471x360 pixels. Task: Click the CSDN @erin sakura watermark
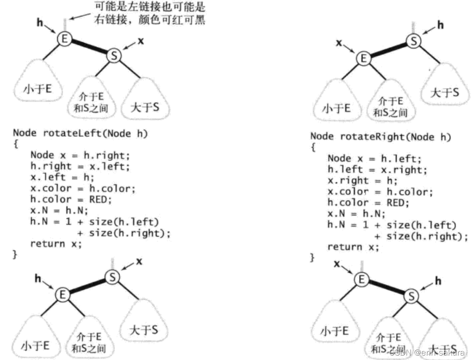coord(427,351)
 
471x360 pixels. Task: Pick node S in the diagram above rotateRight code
coord(414,41)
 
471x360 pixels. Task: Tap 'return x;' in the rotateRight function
coord(353,247)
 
